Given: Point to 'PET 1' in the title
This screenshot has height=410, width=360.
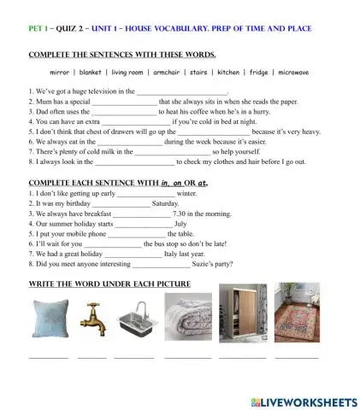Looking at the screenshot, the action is pos(39,28).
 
